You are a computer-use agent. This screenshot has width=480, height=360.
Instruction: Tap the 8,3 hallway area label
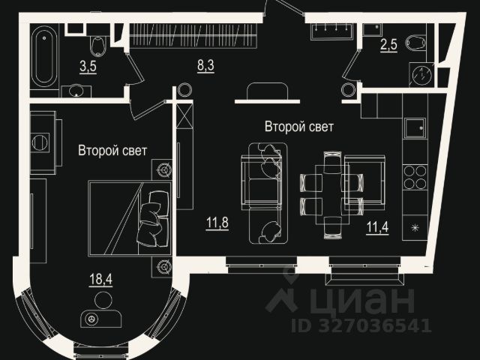[x=205, y=66]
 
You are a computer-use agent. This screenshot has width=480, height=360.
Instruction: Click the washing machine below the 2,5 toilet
[x=421, y=75]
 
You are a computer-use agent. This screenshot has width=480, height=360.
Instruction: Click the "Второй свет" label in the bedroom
[x=112, y=151]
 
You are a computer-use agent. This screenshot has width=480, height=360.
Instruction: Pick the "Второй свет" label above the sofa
[x=298, y=127]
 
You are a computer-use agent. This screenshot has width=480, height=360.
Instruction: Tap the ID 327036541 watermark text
[x=361, y=326]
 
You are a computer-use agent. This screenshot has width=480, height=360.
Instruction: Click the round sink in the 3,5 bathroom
[x=76, y=91]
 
